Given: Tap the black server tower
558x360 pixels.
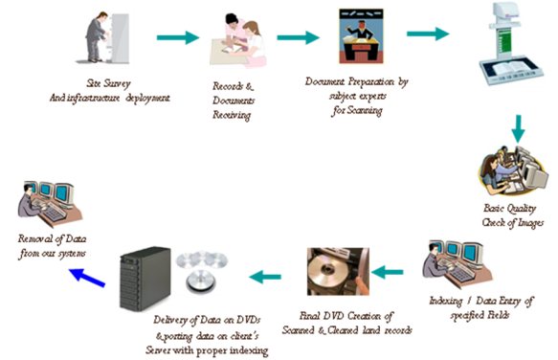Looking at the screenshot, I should point(144,279).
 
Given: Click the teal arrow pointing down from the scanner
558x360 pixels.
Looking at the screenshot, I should point(517,126).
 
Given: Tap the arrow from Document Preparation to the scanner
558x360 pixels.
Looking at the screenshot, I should point(427,34).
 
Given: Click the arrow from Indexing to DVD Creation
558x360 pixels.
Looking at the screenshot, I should point(388,273).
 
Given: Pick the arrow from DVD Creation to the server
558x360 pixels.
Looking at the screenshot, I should point(267,278).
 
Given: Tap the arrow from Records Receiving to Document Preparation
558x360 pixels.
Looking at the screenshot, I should point(298,38).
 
